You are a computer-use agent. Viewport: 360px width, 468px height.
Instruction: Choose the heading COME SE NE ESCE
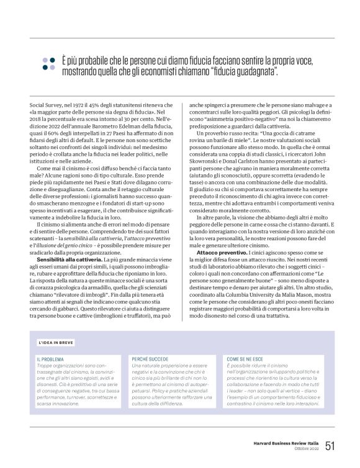(246, 359)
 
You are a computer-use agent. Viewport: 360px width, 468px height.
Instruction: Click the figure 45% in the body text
(102, 108)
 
